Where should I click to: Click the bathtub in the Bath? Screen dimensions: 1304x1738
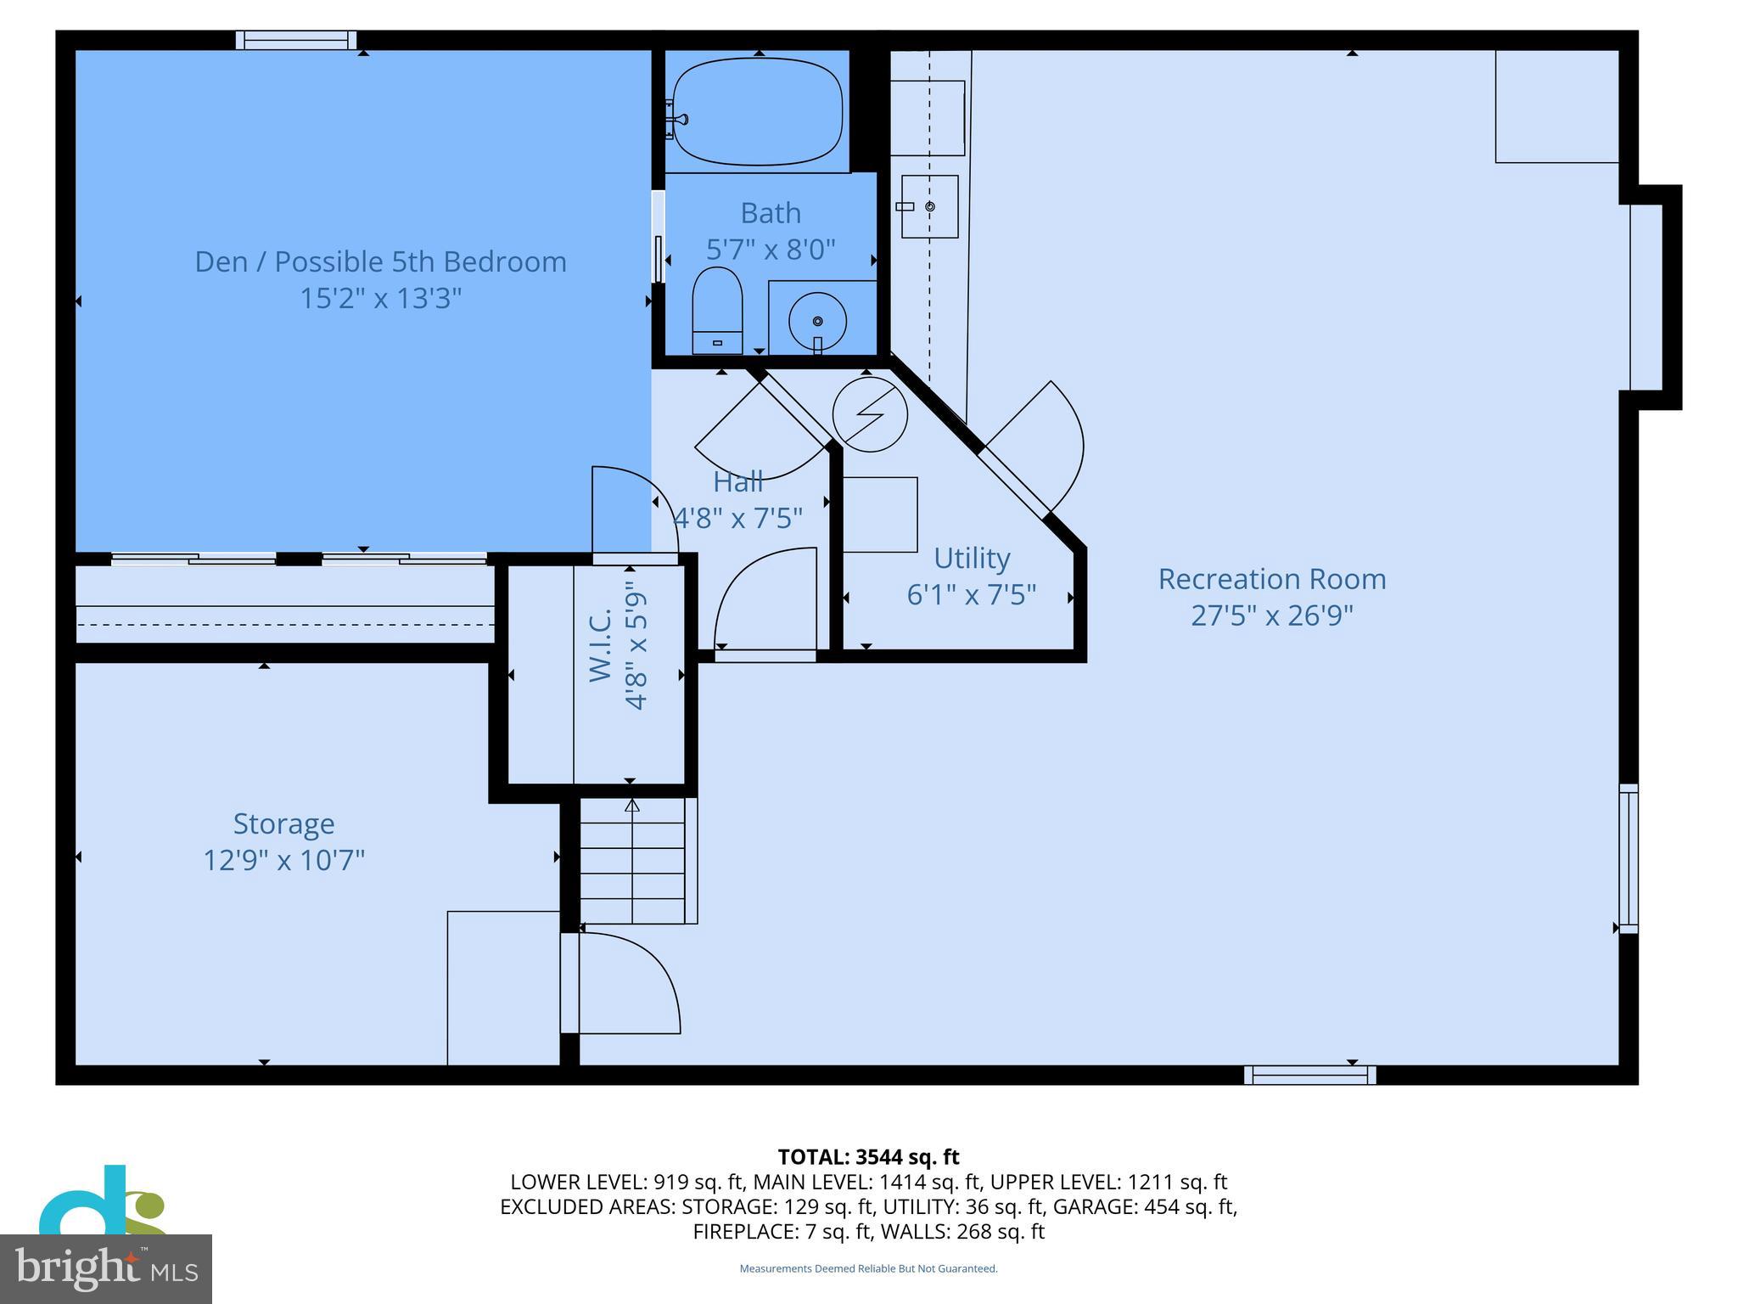coord(757,111)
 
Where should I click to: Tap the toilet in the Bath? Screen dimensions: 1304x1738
coord(717,310)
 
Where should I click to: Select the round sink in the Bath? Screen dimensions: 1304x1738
coord(817,321)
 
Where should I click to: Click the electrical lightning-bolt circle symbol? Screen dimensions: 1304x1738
coord(870,415)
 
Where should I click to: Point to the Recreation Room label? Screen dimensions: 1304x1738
coord(1271,579)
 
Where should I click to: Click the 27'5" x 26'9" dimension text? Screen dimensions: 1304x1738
coord(1271,615)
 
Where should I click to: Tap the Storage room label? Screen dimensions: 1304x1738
coord(283,823)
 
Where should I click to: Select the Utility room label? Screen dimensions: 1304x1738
coord(972,559)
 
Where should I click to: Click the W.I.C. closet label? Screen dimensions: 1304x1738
coord(601,644)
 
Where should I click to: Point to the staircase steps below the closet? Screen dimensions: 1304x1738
coord(632,862)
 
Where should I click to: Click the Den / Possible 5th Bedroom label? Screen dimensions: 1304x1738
coord(380,261)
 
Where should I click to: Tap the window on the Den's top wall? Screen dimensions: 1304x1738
coord(296,40)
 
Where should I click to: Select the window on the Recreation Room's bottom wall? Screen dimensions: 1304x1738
coord(1309,1076)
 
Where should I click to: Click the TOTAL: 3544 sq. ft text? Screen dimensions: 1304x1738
coord(868,1156)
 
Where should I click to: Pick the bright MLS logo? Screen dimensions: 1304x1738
coord(106,1269)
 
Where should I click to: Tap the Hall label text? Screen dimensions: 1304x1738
coord(737,482)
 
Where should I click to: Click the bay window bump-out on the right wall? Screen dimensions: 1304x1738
coord(1655,297)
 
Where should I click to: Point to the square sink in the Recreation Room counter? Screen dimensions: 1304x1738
coord(929,206)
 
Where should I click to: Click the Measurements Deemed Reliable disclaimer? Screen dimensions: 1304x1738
coord(868,1268)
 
